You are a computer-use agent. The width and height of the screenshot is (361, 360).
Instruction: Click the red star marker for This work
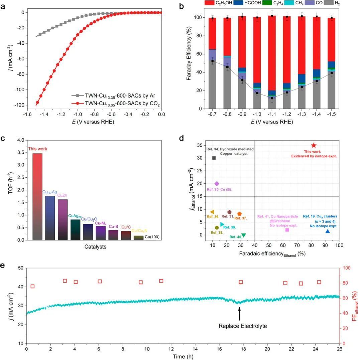click(314, 145)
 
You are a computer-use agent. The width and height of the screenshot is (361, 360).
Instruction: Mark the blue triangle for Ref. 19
click(328, 231)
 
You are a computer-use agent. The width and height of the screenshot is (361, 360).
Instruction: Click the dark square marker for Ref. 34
click(214, 158)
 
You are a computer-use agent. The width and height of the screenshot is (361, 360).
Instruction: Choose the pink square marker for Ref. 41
click(287, 230)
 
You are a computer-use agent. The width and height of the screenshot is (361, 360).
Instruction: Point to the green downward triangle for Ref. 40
click(243, 235)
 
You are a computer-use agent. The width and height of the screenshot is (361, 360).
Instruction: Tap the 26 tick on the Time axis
click(339, 349)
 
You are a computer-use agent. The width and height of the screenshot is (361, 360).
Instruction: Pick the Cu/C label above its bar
click(126, 227)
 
